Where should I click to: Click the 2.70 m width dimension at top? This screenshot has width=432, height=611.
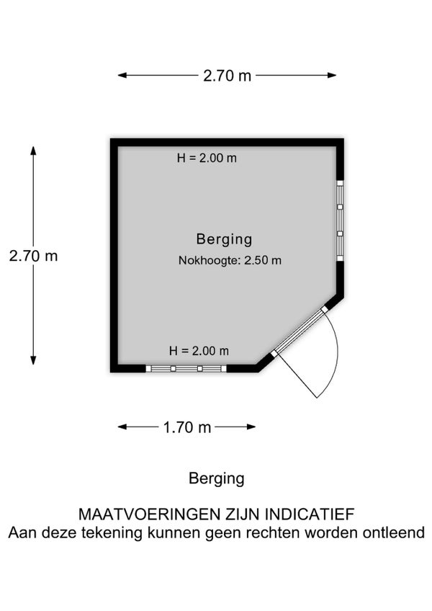pos(227,76)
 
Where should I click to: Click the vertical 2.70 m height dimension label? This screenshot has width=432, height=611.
pos(34,256)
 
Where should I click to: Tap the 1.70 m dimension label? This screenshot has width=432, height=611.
pos(187,427)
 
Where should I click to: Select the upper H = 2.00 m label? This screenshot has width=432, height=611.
pos(207,158)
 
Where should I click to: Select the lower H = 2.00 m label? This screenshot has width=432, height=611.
pos(199,351)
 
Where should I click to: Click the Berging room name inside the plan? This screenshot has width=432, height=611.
pos(225,239)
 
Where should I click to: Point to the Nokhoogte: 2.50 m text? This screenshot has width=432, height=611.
pos(230,260)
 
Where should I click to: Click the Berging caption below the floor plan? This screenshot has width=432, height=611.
pos(217,478)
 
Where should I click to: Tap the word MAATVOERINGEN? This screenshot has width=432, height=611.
pos(150,514)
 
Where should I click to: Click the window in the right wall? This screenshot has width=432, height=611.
pos(340,220)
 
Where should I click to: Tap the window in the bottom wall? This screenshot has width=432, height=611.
pos(186,369)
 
